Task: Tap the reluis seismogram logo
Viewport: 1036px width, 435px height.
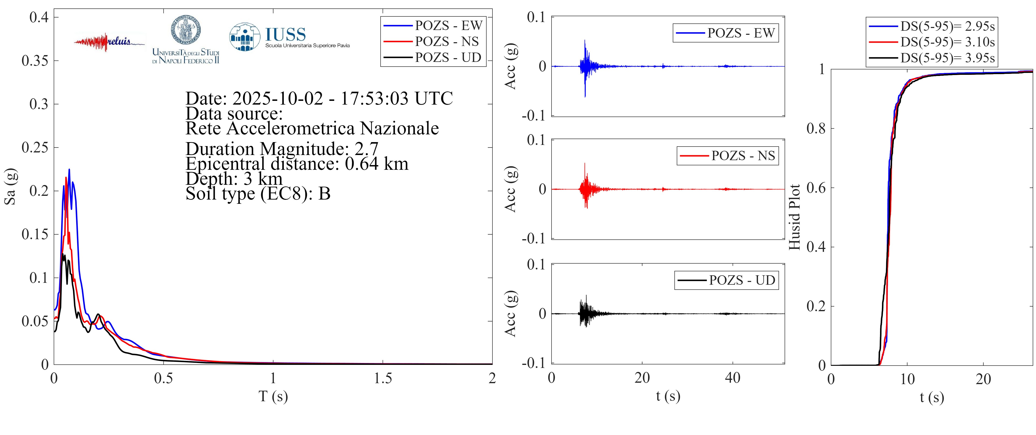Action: tap(109, 42)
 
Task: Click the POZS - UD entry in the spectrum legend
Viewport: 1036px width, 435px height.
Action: tap(448, 57)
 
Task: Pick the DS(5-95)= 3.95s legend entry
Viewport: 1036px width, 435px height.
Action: tap(947, 58)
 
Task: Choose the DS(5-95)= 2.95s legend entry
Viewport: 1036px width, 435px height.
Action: tap(947, 26)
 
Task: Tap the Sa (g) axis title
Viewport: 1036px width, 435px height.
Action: tap(10, 186)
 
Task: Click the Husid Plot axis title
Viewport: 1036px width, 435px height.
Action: tap(794, 217)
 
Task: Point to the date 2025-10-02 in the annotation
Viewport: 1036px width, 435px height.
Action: tap(277, 98)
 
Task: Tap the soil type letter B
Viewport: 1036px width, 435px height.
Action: tap(324, 194)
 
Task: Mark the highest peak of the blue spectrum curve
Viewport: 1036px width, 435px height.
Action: tap(69, 170)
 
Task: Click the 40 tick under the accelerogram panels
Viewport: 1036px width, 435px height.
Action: tap(732, 378)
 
